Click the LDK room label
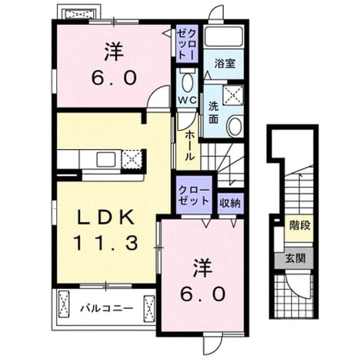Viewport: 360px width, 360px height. pyautogui.click(x=106, y=217)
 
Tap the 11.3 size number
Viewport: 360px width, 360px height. pyautogui.click(x=106, y=243)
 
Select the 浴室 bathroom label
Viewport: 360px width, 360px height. pyautogui.click(x=225, y=64)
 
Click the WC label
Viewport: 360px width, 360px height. pyautogui.click(x=188, y=100)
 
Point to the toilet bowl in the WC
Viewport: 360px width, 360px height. pyautogui.click(x=187, y=82)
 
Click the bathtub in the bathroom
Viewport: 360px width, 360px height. pyautogui.click(x=224, y=37)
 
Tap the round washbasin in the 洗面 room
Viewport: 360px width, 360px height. pyautogui.click(x=235, y=126)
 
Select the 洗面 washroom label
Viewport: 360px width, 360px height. pyautogui.click(x=213, y=113)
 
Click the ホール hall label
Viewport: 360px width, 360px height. pyautogui.click(x=190, y=146)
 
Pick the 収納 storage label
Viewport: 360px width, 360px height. pyautogui.click(x=230, y=203)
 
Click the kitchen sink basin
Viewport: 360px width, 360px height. pyautogui.click(x=106, y=159)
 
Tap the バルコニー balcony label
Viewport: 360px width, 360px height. pyautogui.click(x=106, y=308)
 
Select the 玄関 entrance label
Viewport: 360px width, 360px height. pyautogui.click(x=295, y=259)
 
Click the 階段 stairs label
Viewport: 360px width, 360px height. pyautogui.click(x=300, y=225)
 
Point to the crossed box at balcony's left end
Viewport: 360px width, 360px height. pyautogui.click(x=64, y=304)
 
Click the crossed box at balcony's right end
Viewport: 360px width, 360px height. pyautogui.click(x=149, y=309)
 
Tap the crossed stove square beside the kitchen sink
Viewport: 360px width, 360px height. pyautogui.click(x=132, y=159)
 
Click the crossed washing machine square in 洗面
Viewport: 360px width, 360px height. pyautogui.click(x=233, y=95)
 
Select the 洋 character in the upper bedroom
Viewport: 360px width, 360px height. pyautogui.click(x=114, y=52)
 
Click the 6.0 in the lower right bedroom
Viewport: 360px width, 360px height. pyautogui.click(x=202, y=295)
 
